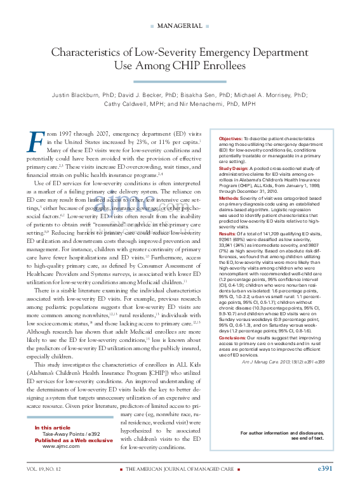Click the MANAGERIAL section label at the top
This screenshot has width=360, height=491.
pos(180,26)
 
